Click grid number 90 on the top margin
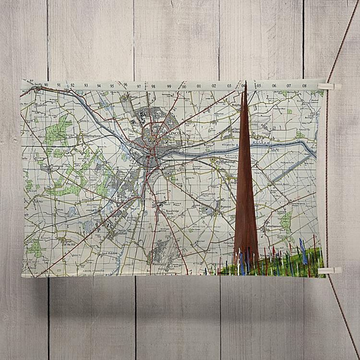point(46,85)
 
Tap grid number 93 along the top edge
point(85,85)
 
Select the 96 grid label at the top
point(125,86)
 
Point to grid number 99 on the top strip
point(168,86)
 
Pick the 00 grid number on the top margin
point(183,86)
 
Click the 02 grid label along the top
point(214,86)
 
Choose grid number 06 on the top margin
point(274,86)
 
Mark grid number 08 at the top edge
point(304,86)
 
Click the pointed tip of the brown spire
point(246,84)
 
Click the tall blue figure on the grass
point(304,251)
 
